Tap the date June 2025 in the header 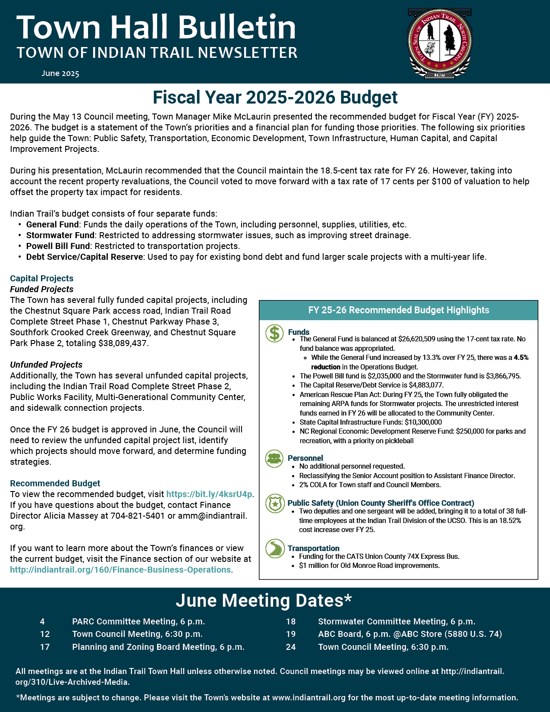click(60, 73)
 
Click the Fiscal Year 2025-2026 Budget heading click(275, 98)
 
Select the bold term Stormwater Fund click(60, 235)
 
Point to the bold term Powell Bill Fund click(58, 246)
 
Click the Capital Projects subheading click(42, 278)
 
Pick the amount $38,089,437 click(123, 343)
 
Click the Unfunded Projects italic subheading click(46, 365)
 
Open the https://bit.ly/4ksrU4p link click(209, 494)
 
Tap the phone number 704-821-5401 click(138, 516)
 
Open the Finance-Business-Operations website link click(120, 570)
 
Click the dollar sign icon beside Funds click(274, 333)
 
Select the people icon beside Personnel click(274, 458)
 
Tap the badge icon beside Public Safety click(274, 504)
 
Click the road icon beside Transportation click(274, 548)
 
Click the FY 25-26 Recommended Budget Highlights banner click(399, 310)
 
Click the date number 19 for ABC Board click(291, 634)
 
